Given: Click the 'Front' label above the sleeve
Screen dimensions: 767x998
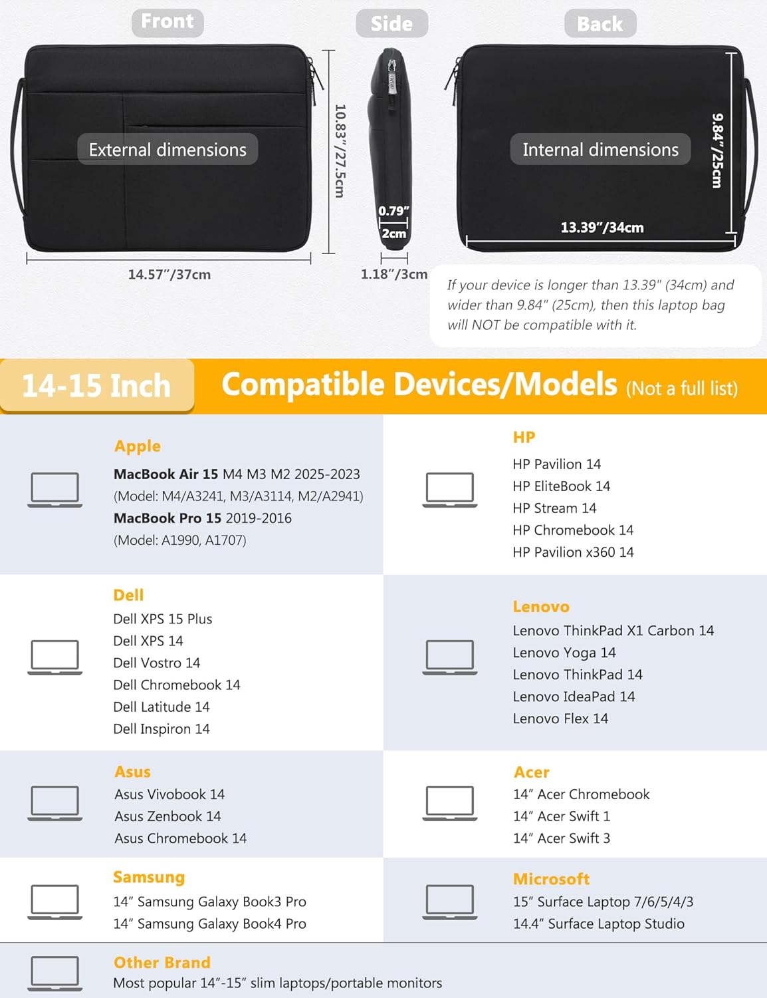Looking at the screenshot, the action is click(167, 23).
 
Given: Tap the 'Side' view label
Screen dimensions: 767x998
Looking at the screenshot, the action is click(391, 23).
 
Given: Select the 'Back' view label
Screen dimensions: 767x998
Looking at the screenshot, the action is click(600, 23).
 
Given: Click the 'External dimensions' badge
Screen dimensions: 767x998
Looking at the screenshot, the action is click(167, 149).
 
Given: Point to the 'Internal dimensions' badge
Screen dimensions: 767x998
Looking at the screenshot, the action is click(600, 149).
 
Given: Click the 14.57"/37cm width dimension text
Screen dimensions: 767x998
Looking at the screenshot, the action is click(169, 275).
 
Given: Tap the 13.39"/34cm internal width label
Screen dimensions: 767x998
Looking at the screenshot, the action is click(602, 228).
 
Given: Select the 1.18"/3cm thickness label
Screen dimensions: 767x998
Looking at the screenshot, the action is click(393, 275).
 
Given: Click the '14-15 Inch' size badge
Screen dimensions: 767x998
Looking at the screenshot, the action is click(96, 385).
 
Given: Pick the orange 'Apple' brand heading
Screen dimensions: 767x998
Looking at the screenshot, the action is click(138, 446).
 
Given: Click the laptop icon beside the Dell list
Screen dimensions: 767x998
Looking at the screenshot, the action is click(55, 657).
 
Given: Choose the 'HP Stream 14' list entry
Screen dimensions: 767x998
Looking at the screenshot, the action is click(554, 508).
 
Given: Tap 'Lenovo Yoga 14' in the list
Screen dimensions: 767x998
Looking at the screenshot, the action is click(564, 653).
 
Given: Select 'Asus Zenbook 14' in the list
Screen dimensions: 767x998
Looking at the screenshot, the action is click(168, 816).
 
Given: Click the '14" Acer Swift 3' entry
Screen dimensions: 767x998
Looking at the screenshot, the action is click(562, 838).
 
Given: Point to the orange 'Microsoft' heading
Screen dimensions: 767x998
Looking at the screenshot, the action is click(551, 879).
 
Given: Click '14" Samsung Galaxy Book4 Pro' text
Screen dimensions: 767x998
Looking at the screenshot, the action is click(209, 923).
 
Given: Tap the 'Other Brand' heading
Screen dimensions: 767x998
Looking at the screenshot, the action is click(162, 962).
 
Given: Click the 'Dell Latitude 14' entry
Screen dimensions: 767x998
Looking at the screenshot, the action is click(162, 707).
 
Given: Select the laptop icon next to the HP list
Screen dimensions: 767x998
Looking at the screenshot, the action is click(449, 490).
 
